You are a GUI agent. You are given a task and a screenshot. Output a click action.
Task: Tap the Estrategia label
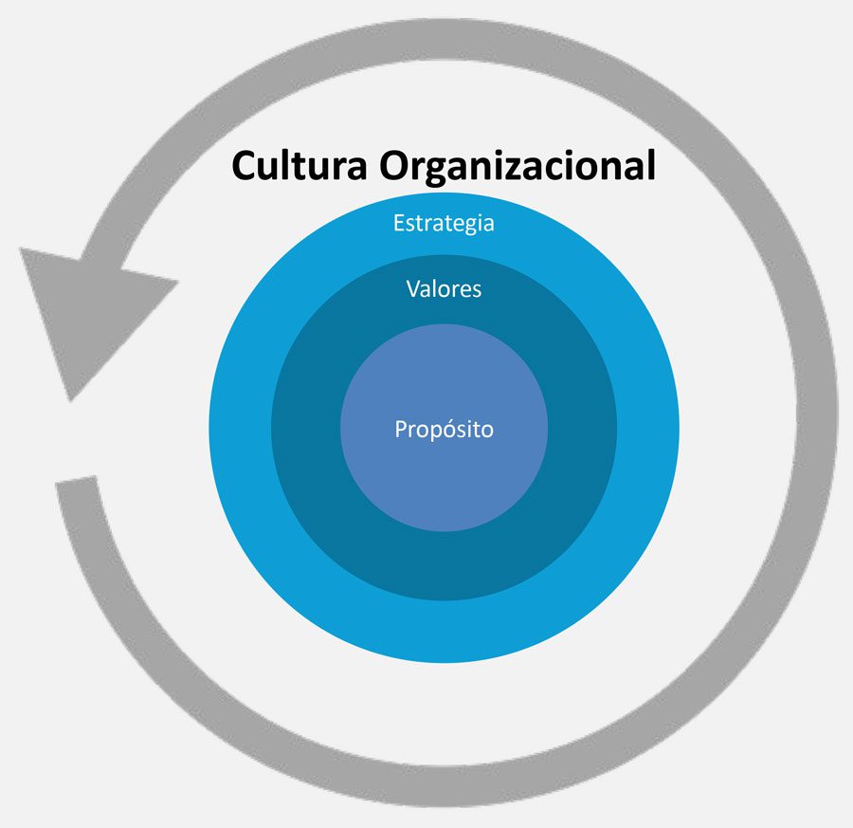(444, 224)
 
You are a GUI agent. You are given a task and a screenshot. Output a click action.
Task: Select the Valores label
(444, 288)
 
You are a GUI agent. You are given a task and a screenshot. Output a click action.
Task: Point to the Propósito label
(444, 429)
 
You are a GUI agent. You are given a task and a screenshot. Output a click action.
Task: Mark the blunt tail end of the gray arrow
(77, 483)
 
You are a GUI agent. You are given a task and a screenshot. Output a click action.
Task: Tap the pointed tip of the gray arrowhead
(69, 399)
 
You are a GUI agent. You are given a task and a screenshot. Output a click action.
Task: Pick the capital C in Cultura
(245, 165)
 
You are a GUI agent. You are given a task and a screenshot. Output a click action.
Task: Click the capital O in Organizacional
(396, 165)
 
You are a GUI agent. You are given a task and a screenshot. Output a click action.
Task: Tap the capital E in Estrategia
(399, 224)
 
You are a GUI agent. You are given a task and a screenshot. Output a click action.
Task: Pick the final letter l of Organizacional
(650, 165)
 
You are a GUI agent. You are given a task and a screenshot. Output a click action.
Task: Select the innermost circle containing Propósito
(444, 474)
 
